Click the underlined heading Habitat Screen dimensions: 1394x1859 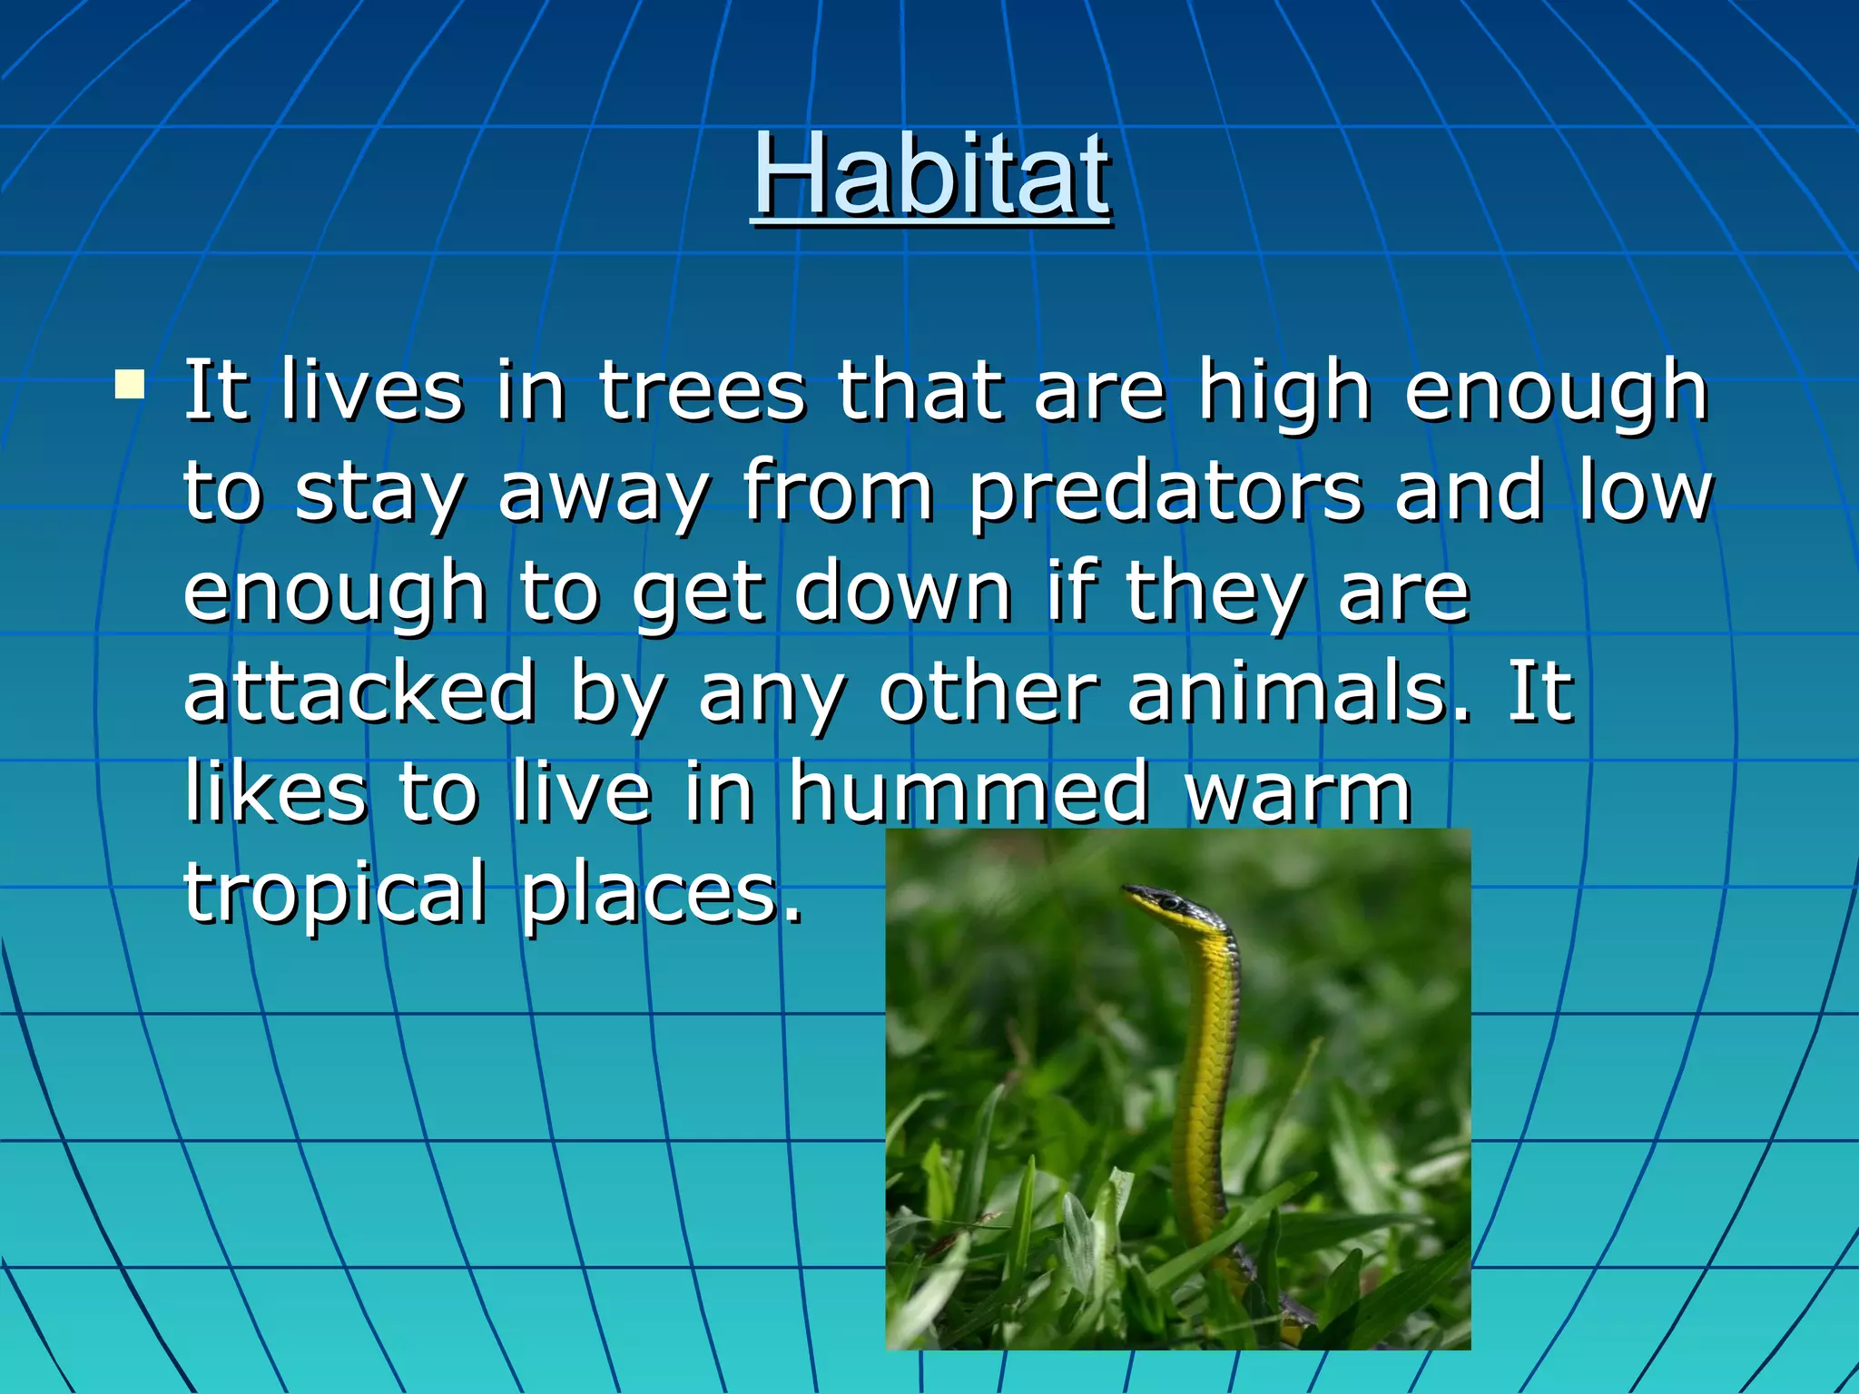[931, 174]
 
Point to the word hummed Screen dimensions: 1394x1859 [968, 791]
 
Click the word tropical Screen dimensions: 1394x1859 [336, 894]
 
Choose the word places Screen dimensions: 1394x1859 [662, 894]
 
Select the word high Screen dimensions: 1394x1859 [1284, 392]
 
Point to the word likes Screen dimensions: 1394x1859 [276, 791]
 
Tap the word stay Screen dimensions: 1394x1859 [379, 495]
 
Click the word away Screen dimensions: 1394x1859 [604, 495]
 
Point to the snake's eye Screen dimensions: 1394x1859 [1170, 902]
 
